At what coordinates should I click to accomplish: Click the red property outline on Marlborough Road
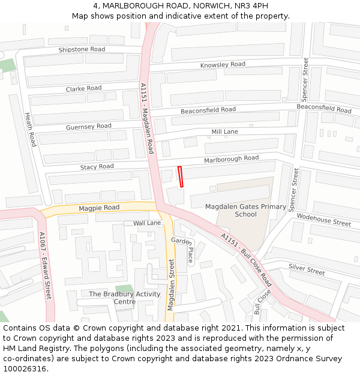pos(180,177)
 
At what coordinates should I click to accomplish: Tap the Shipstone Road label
pos(82,49)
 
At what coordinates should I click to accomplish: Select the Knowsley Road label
pos(223,65)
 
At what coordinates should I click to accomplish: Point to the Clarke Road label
pos(83,89)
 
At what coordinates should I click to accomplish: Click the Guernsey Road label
pos(89,127)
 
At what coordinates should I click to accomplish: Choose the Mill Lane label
pos(224,131)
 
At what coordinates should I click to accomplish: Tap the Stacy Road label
pos(97,166)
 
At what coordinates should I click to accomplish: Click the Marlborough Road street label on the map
pos(231,158)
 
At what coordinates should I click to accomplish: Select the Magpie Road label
pos(99,208)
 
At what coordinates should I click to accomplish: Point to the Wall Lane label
pos(147,223)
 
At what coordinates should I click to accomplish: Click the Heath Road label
pos(31,129)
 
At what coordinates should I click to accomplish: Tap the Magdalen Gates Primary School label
pos(245,211)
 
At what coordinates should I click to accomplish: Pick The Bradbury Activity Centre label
pos(125,298)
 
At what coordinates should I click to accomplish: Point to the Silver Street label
pos(307,269)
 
